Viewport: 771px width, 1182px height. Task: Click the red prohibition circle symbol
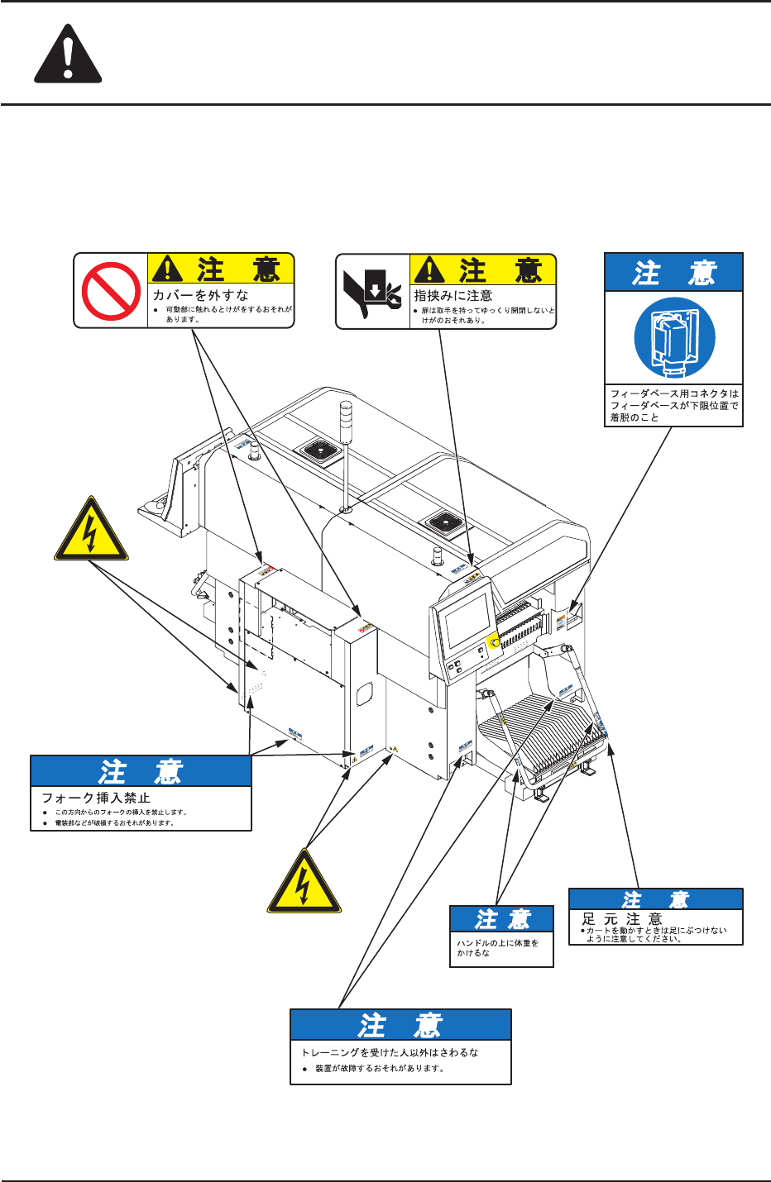click(x=111, y=291)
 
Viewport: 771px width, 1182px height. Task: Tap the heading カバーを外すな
click(x=200, y=295)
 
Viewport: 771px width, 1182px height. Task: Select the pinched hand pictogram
click(x=372, y=291)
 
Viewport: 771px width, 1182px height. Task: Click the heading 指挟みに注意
click(x=453, y=295)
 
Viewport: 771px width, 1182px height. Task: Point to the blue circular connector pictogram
click(x=674, y=338)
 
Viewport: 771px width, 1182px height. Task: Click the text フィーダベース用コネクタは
click(x=674, y=394)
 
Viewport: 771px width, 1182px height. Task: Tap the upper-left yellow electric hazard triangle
click(x=91, y=531)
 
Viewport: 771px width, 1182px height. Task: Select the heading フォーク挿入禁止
click(x=96, y=798)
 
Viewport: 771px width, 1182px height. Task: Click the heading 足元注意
click(x=622, y=918)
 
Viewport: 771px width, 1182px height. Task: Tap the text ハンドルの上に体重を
click(x=497, y=942)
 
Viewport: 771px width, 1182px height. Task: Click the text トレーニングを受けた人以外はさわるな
click(x=390, y=1052)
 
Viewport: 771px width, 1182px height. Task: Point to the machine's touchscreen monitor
click(x=467, y=621)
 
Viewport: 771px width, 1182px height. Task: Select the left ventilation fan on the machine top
click(x=318, y=451)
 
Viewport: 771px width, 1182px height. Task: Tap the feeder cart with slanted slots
click(x=538, y=736)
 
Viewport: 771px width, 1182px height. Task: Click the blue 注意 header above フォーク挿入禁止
click(x=141, y=771)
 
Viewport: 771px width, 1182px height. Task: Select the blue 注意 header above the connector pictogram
click(x=673, y=273)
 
